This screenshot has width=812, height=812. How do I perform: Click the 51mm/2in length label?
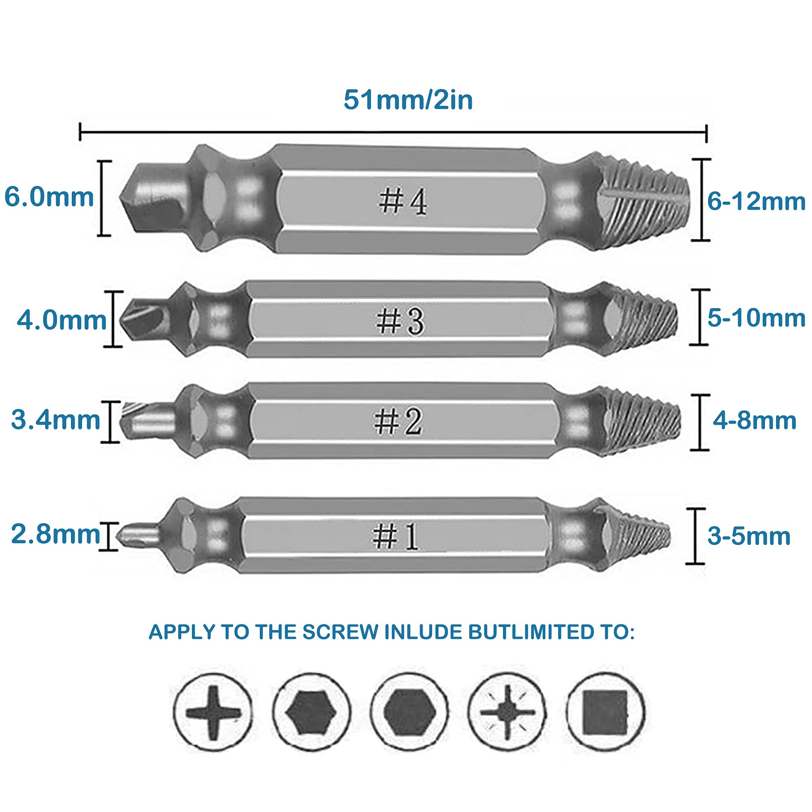point(408,100)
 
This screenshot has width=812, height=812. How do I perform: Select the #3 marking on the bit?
point(400,321)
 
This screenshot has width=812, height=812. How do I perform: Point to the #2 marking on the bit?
point(398,421)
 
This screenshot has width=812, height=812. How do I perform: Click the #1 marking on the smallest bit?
point(396,536)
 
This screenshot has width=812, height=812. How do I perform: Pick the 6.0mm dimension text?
point(49,197)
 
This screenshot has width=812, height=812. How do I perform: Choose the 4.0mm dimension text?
point(62,320)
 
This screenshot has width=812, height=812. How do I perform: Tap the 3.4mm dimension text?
point(56,420)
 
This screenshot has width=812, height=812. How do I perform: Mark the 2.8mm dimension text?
point(56,534)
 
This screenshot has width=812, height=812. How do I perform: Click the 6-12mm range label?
point(756,201)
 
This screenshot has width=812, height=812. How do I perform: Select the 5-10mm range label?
point(756,318)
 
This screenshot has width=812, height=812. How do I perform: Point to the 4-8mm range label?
point(754,421)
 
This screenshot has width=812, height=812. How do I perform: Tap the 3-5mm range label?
point(749,536)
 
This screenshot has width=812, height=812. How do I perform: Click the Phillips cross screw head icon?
point(213,712)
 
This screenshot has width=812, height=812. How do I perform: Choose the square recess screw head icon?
point(605,712)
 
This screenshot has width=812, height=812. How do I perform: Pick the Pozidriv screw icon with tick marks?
point(507,712)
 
